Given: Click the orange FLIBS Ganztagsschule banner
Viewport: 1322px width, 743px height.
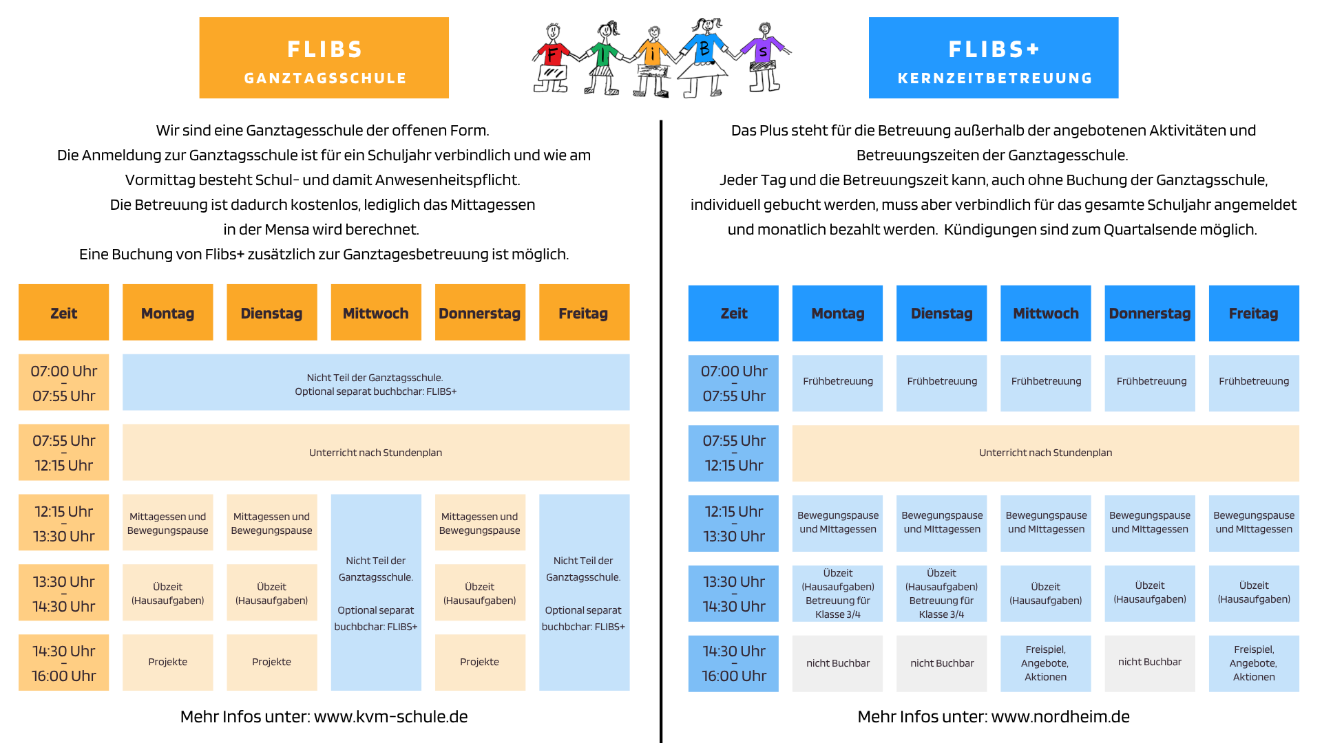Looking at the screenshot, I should (324, 58).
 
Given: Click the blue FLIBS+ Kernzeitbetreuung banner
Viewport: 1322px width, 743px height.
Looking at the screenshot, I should (994, 58).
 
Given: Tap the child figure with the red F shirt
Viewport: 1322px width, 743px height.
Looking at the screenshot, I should (552, 58).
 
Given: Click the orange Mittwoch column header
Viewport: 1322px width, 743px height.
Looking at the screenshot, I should (376, 312).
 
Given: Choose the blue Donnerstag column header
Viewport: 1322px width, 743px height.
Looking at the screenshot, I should (1149, 314).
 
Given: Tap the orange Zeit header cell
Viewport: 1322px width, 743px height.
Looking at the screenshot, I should (64, 312).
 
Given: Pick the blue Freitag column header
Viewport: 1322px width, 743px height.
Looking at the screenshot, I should (1253, 314).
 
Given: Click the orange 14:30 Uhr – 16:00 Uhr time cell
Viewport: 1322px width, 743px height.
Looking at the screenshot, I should (64, 663).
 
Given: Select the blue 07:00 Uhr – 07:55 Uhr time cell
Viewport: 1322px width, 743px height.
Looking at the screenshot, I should (733, 383).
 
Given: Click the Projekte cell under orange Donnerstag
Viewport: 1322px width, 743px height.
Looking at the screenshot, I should (480, 662).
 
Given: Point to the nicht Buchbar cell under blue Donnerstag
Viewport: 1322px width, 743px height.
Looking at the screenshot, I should (1149, 663).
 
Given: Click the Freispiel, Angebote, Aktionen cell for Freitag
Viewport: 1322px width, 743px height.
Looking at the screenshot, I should (1253, 663).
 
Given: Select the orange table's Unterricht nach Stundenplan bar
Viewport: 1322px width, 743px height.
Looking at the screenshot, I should (376, 452).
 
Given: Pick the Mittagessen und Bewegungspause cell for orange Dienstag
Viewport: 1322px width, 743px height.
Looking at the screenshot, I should (271, 523).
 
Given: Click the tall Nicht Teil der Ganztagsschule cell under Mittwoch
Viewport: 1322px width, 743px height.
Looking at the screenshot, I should (376, 592).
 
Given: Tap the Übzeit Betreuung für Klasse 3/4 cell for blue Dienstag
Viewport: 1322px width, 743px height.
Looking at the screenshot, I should (941, 593).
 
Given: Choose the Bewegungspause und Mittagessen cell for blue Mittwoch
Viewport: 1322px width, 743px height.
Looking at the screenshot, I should (1045, 523).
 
